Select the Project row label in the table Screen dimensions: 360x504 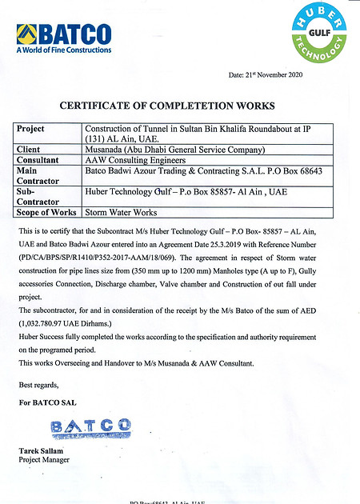tap(31, 128)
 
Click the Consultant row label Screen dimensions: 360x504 tap(38, 159)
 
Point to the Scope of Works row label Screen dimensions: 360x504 tap(46, 212)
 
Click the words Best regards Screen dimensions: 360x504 tap(38, 384)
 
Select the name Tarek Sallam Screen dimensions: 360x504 tap(41, 451)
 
